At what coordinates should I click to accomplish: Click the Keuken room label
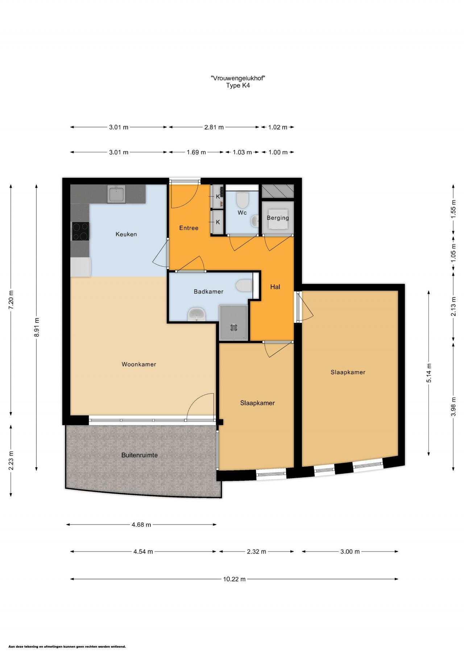[126, 234]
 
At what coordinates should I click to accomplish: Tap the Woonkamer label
[139, 364]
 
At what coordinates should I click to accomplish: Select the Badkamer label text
[208, 291]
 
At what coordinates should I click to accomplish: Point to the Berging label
[278, 218]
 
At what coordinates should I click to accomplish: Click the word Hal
[275, 287]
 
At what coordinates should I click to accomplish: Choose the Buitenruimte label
[140, 455]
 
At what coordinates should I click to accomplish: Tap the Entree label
[189, 228]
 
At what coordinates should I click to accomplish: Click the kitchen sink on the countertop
[116, 194]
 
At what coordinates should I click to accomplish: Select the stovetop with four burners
[80, 231]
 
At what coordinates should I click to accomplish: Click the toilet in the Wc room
[242, 199]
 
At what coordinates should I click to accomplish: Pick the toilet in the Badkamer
[244, 285]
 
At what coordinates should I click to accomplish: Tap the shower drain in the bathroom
[233, 327]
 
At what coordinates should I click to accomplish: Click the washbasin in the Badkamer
[196, 314]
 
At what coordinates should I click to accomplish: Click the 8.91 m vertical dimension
[37, 327]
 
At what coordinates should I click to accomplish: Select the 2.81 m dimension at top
[214, 127]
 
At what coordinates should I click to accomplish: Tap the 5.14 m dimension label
[429, 373]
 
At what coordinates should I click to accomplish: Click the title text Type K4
[238, 86]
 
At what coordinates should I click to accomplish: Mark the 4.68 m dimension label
[141, 525]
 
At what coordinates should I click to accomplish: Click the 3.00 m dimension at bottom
[350, 552]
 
